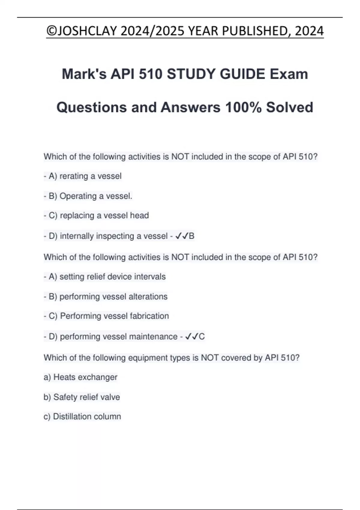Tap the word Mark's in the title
(x=84, y=74)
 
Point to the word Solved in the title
(x=289, y=107)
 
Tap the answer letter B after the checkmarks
(x=192, y=236)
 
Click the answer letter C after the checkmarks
(x=202, y=337)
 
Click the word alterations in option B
(x=148, y=297)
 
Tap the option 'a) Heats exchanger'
(x=80, y=377)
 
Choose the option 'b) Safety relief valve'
(x=82, y=397)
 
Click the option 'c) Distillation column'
(x=82, y=417)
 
